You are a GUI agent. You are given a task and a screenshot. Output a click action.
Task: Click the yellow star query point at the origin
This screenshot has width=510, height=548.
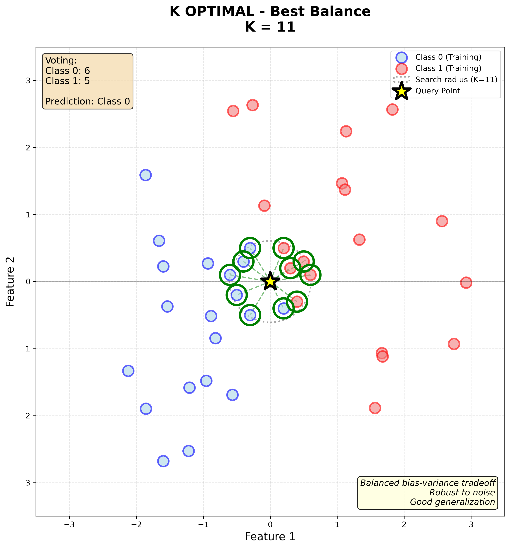click(270, 281)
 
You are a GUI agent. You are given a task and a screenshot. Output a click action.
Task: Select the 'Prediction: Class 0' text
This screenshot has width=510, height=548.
click(87, 102)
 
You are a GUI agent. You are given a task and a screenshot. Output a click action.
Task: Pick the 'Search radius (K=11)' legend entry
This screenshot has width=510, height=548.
click(456, 80)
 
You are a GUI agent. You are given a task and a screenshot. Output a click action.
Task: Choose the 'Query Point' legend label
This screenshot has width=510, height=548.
click(438, 91)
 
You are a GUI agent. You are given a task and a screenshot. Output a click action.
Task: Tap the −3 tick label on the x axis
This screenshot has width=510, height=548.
click(69, 524)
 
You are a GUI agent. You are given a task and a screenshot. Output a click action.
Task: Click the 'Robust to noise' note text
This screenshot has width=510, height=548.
click(462, 492)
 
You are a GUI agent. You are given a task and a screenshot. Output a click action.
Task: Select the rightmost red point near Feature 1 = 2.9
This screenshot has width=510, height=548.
click(466, 283)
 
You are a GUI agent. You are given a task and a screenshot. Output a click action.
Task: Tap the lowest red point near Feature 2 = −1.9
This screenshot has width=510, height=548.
click(375, 408)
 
